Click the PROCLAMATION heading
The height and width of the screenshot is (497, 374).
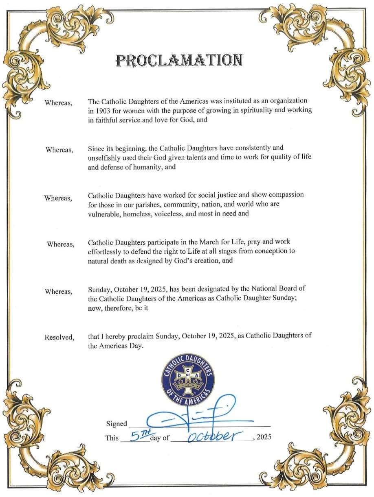(x=179, y=60)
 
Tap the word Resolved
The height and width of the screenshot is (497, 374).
(x=59, y=337)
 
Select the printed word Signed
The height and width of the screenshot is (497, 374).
(x=117, y=424)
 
